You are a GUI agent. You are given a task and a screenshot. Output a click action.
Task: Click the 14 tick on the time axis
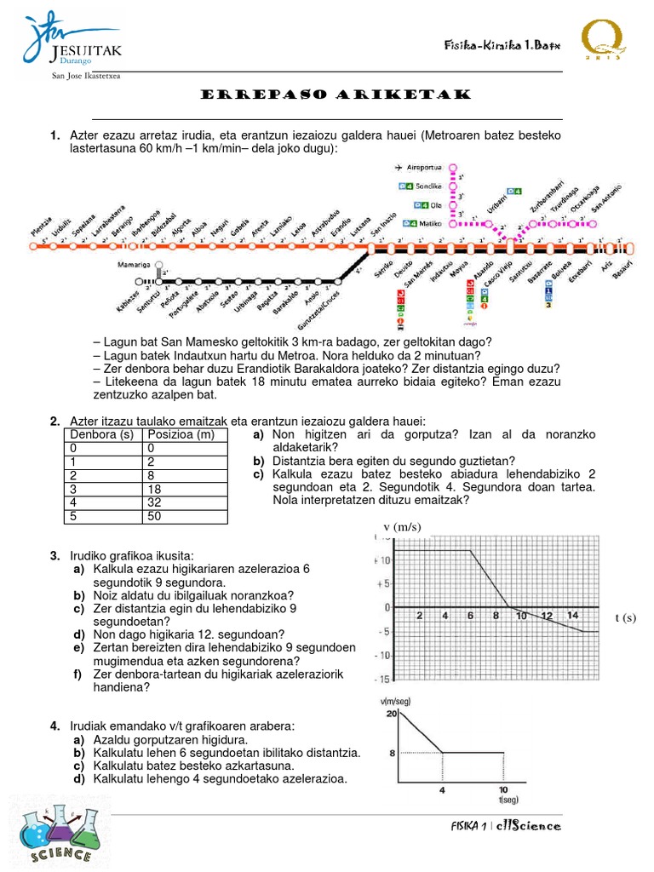(572, 616)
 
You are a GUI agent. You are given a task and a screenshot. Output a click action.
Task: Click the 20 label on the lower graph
(392, 713)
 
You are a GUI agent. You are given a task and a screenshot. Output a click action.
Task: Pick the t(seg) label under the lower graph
(509, 800)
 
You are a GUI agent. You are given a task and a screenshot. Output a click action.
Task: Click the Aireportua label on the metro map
(427, 168)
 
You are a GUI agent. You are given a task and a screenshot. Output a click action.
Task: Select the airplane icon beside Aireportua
(400, 168)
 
